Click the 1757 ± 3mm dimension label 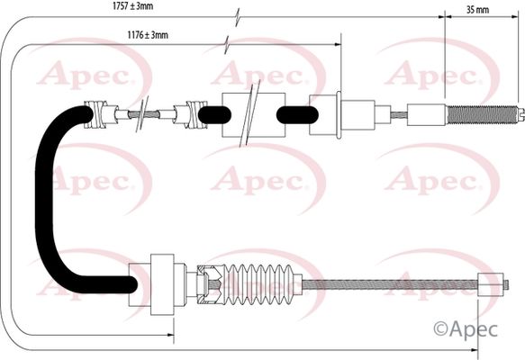pos(133,5)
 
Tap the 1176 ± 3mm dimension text pos(148,34)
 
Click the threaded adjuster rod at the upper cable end pos(482,115)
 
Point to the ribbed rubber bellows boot pos(258,284)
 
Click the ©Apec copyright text pos(466,328)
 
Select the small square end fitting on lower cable pos(491,284)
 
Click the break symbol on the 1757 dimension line pos(238,17)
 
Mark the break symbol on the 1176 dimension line pos(227,44)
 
